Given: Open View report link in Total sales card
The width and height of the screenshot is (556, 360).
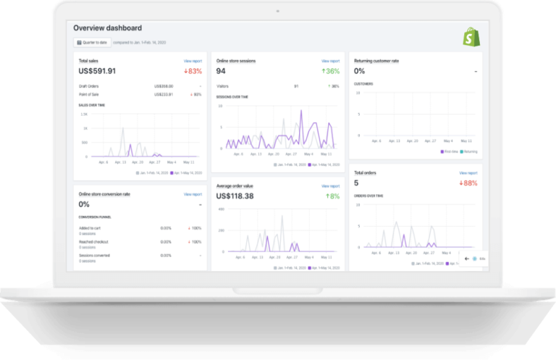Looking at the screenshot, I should click(x=193, y=61).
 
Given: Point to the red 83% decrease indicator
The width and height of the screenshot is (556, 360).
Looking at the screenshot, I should click(x=193, y=72).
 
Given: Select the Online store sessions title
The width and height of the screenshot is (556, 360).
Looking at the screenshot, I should click(x=241, y=61).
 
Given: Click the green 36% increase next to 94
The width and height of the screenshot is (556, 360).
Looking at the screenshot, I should click(x=331, y=72).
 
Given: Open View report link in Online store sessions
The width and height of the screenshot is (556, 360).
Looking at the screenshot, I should click(x=330, y=61).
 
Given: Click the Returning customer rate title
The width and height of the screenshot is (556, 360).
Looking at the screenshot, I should click(x=376, y=61).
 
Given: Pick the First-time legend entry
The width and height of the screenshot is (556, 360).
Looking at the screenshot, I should click(x=450, y=151).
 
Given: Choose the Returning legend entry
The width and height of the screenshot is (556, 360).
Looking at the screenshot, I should click(x=470, y=151).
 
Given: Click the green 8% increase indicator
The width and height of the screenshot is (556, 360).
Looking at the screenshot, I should click(x=332, y=196).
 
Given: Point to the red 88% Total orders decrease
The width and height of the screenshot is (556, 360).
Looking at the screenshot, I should click(x=468, y=183).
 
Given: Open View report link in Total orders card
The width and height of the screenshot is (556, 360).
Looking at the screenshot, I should click(x=468, y=173).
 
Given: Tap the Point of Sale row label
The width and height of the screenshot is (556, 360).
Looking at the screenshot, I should click(x=89, y=94).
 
